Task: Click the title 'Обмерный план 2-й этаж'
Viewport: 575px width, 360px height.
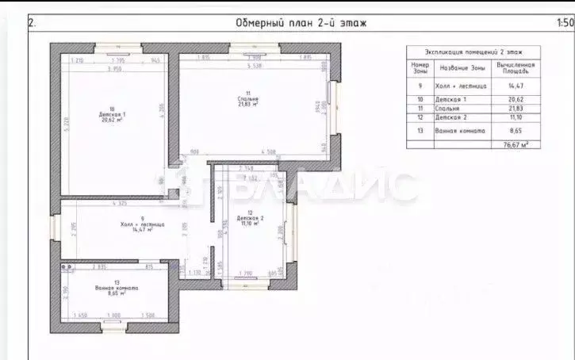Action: (x=301, y=23)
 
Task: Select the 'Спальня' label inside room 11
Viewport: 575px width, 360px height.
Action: (x=248, y=99)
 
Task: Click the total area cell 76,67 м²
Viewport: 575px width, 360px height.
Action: (x=516, y=144)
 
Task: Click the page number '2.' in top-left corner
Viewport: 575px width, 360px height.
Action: (x=33, y=23)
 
